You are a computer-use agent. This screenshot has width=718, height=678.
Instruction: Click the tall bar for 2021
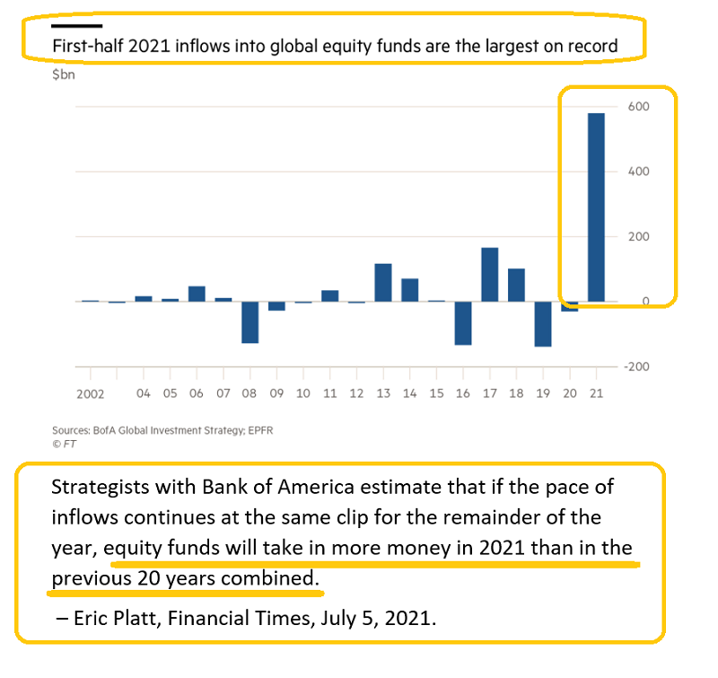pos(596,207)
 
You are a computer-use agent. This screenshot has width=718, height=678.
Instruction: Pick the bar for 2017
pos(490,275)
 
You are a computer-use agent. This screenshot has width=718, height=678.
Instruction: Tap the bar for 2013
pos(383,283)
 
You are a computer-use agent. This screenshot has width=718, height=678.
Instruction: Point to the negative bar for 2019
pos(543,323)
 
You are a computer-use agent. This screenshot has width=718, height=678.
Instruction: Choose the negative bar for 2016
pos(463,322)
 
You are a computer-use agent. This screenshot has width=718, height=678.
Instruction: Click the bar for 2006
pos(196,294)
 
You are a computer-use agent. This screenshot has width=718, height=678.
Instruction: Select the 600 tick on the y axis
pos(638,106)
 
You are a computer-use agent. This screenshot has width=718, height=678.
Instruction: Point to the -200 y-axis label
pos(636,366)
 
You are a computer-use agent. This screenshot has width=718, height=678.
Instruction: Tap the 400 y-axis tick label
pos(638,171)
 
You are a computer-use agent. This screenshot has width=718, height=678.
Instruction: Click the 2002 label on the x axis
pos(91,393)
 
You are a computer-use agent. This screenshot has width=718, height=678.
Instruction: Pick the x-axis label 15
pos(436,393)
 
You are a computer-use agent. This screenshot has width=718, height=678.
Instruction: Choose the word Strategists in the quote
pos(97,489)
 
